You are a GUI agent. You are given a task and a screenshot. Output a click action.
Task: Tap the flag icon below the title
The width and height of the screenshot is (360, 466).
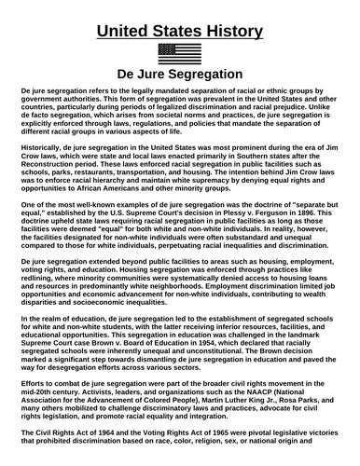179,54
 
